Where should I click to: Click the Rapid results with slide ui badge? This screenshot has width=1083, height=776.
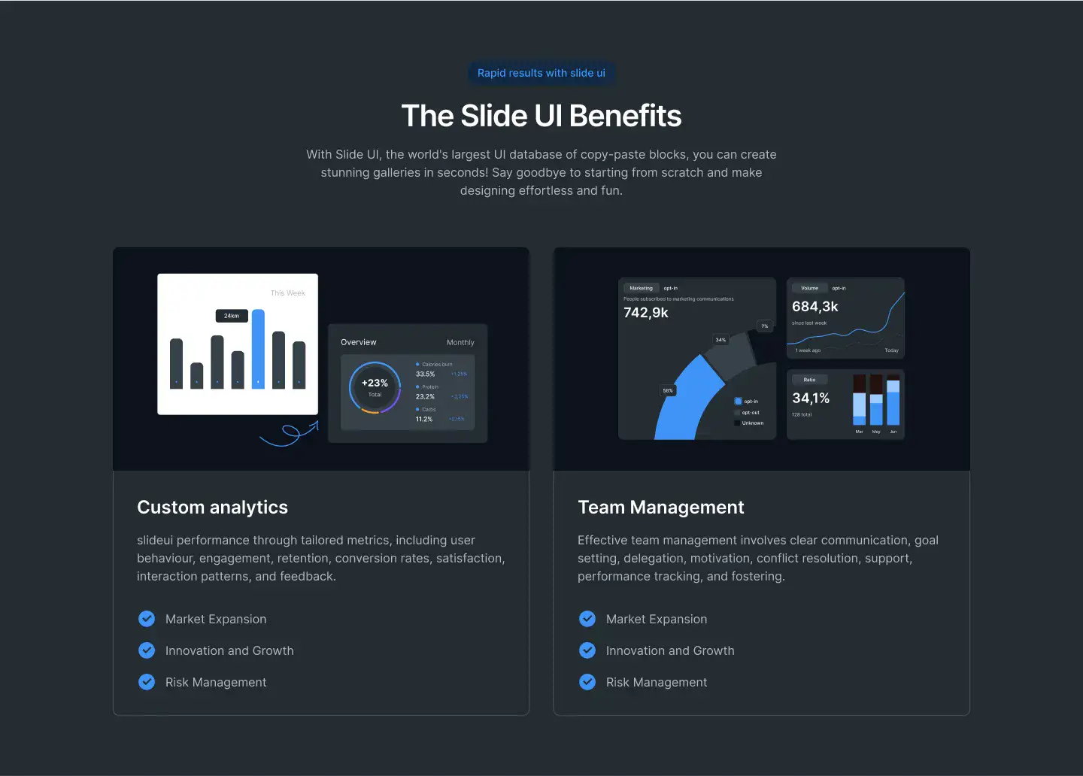541,73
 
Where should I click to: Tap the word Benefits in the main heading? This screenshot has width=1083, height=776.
625,116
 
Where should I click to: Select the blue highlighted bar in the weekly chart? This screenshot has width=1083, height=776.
258,349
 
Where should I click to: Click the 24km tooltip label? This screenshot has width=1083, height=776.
232,316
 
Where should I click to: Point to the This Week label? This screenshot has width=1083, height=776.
287,293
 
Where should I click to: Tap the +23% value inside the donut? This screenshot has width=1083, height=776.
375,383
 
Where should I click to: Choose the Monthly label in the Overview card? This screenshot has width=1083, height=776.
460,342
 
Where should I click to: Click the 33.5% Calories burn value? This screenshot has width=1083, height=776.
425,374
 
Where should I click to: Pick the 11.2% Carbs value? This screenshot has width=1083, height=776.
424,419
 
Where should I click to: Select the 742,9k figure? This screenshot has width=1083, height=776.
646,313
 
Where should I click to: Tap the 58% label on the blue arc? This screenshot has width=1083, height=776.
668,390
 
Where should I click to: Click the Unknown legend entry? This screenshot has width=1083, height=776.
752,423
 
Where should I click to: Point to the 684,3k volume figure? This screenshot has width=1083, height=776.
815,306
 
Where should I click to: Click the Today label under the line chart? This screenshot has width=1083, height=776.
891,350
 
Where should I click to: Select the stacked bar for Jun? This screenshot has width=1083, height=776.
893,401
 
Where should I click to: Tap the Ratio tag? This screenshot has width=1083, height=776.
809,380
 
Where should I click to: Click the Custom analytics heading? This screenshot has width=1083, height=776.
212,508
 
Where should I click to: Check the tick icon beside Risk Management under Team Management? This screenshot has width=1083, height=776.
587,682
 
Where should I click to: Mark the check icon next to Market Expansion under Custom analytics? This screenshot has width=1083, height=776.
147,619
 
